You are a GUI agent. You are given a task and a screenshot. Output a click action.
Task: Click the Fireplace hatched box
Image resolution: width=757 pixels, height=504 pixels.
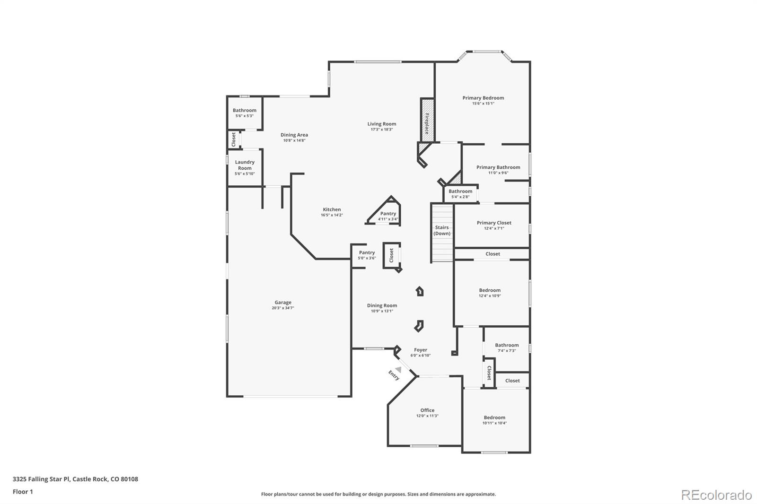click(x=427, y=120)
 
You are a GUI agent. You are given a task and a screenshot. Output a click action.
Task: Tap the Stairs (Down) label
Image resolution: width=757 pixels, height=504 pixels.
click(x=442, y=230)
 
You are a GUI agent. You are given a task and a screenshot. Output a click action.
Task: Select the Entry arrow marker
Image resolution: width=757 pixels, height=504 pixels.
click(x=399, y=369)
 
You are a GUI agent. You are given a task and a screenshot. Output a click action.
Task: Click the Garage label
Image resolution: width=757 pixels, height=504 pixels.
click(x=283, y=303)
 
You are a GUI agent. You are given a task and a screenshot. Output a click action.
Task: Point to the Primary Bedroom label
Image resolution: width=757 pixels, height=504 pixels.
click(x=483, y=98)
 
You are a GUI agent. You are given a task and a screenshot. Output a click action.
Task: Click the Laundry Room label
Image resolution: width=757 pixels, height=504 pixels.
click(x=245, y=165)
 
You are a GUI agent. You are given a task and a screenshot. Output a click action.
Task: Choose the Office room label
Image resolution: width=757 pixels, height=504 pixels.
click(x=427, y=410)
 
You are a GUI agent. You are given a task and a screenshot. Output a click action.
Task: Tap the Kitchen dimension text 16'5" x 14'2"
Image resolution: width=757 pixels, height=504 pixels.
click(x=332, y=215)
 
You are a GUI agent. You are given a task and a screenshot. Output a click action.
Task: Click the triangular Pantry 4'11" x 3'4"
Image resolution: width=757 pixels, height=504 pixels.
click(x=388, y=214)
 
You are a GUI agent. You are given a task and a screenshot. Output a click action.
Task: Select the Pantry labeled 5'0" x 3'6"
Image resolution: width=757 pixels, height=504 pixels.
click(x=367, y=253)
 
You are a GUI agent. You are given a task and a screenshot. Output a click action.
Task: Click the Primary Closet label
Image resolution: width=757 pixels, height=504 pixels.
click(x=494, y=223)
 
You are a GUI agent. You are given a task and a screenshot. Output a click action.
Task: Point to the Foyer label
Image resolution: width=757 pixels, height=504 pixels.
click(x=420, y=350)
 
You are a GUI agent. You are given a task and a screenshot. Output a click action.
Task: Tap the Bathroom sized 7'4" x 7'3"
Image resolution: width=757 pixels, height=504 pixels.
click(x=507, y=345)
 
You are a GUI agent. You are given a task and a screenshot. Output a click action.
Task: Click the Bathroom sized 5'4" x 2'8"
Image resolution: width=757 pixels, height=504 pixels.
click(x=460, y=191)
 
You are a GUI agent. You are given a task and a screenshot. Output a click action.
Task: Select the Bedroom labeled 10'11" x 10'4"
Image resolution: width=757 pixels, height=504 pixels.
click(x=494, y=417)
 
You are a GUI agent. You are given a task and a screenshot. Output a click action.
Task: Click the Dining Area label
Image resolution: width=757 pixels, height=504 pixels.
click(x=294, y=135)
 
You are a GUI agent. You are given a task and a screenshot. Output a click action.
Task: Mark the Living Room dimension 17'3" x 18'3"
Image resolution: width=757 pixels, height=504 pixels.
click(x=382, y=130)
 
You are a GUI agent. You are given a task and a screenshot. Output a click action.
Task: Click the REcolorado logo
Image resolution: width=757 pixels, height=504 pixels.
click(x=716, y=495)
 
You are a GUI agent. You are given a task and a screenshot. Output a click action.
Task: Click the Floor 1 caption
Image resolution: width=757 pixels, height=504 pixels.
click(x=23, y=492)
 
